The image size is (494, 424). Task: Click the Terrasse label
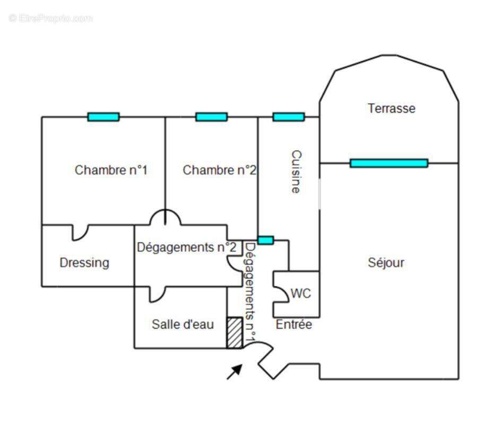[x=391, y=108]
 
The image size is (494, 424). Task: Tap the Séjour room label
[x=386, y=262]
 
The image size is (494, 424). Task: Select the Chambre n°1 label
[x=111, y=170]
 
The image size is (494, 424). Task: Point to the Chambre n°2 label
[x=219, y=170]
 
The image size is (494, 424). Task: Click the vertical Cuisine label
[x=296, y=172]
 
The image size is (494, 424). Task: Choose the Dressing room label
[x=84, y=263]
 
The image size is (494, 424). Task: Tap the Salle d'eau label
[x=183, y=324]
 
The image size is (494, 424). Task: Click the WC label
[x=301, y=294]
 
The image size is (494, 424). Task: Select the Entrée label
[x=293, y=324]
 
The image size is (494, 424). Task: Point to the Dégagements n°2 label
[x=187, y=248]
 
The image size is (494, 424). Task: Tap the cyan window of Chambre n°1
[x=103, y=117]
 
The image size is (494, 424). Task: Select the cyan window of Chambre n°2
[x=211, y=117]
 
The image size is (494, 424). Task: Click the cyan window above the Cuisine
[x=289, y=117]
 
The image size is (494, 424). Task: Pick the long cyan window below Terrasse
[x=389, y=163]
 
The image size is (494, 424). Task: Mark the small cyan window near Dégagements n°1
[x=266, y=240]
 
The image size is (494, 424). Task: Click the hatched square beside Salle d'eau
[x=235, y=333]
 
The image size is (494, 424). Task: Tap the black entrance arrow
[x=235, y=372]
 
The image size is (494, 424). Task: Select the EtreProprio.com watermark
[x=51, y=18]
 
